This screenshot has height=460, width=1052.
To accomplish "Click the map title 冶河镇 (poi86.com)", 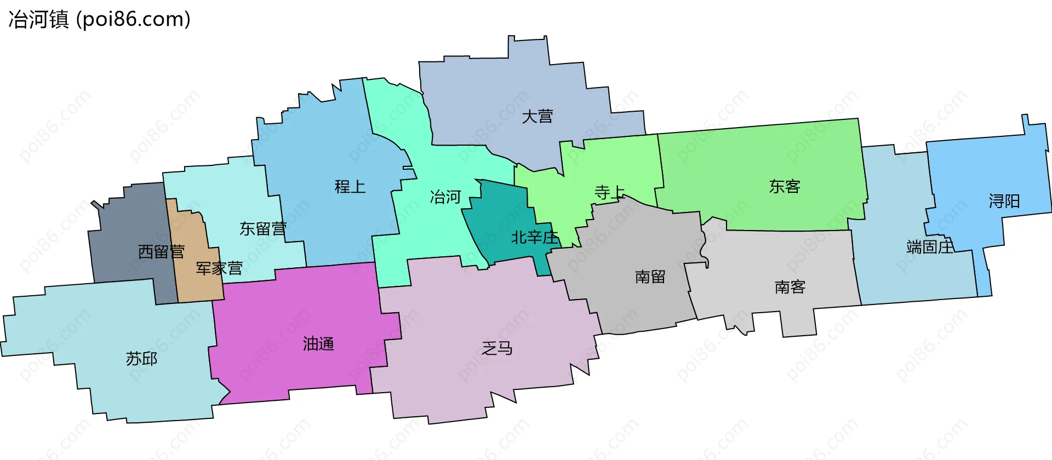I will [99, 19].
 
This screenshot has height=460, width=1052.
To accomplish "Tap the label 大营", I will [537, 117].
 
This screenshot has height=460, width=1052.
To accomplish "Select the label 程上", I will [350, 187].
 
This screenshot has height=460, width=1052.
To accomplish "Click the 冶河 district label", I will [445, 197].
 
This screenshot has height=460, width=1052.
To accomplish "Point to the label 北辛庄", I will [534, 238].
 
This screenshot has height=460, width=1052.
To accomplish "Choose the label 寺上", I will [609, 192].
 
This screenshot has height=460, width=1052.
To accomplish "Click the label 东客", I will [784, 187].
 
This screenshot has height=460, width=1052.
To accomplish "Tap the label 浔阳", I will [1004, 202].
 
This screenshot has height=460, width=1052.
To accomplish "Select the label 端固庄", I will [930, 247].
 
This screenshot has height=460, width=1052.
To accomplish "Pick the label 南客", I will [790, 287].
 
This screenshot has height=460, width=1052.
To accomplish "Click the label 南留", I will [650, 277].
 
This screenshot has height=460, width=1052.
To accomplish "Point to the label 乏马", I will [497, 348].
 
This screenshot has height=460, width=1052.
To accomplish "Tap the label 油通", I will [318, 344].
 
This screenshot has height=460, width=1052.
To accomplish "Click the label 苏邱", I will [141, 359].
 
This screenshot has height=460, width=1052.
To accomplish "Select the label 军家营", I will [219, 268].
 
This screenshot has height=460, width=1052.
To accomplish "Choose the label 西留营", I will [161, 252].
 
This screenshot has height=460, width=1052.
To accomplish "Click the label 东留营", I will [263, 229].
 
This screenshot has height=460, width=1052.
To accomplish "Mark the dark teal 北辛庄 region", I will [499, 208].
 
